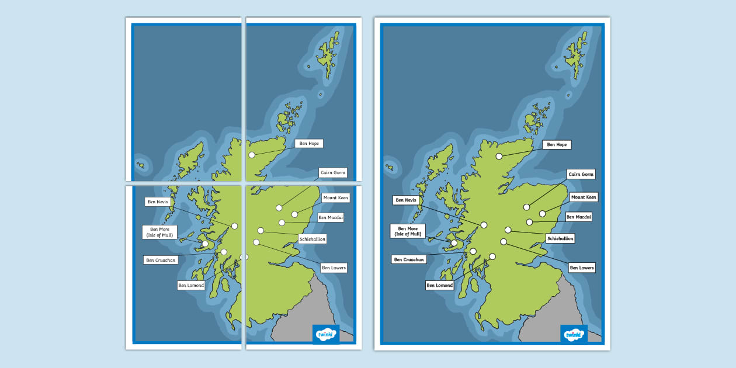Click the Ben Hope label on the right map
[556, 144]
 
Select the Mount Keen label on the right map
[584, 197]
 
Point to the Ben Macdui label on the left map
[331, 217]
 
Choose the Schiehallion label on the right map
[560, 238]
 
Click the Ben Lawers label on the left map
[334, 268]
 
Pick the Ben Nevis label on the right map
[405, 200]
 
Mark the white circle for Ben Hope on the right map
[499, 156]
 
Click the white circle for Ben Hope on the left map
[252, 155]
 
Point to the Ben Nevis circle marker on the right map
[484, 225]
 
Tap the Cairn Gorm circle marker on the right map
[526, 207]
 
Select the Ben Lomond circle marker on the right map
[492, 256]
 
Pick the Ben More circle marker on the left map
[205, 244]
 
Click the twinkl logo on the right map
[573, 335]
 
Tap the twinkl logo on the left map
[325, 334]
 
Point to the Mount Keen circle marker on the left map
[295, 214]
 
